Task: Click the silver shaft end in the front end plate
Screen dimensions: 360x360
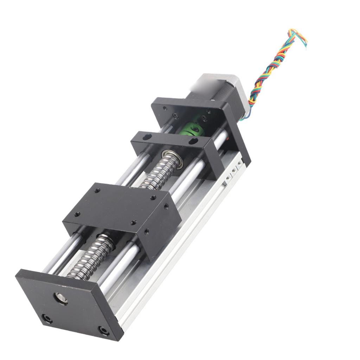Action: [x=60, y=298]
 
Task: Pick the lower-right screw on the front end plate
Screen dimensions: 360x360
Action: [x=103, y=330]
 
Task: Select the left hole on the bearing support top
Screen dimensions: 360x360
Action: [x=147, y=136]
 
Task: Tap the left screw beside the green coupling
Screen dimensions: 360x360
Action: [x=175, y=116]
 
